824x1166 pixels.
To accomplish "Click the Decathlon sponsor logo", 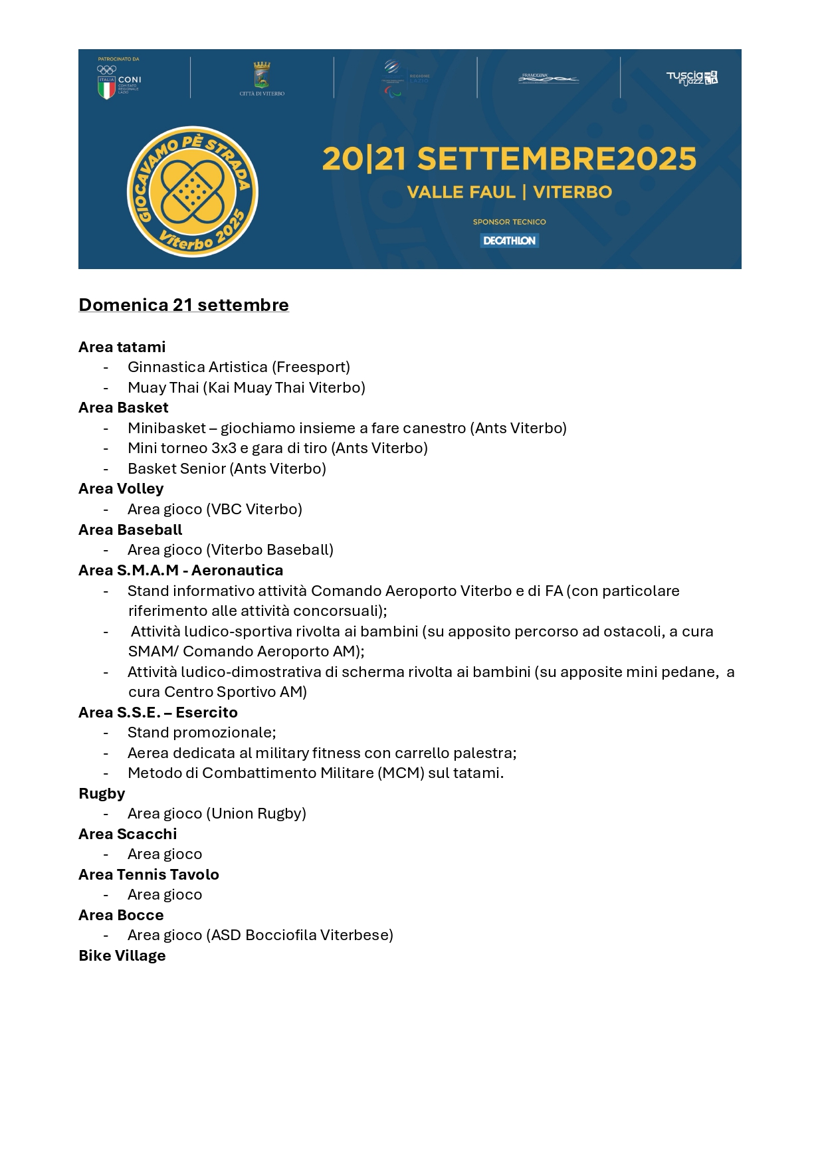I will [x=509, y=241].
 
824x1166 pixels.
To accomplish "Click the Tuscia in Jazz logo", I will [x=692, y=78].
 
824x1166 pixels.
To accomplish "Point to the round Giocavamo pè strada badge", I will [x=193, y=192].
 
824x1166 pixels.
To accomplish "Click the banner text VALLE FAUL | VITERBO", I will [x=509, y=192].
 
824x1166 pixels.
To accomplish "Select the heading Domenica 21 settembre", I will [x=183, y=305].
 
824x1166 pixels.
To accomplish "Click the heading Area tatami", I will [x=122, y=347].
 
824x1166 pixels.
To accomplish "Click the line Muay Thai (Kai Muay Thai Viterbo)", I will [x=247, y=387].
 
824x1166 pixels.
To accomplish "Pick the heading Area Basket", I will [x=124, y=408].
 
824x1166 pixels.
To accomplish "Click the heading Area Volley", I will [x=121, y=489].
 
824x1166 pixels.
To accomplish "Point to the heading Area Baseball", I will [x=130, y=530].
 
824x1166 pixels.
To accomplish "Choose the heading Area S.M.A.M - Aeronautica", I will [x=181, y=570].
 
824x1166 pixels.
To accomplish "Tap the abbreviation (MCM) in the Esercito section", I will [x=401, y=773].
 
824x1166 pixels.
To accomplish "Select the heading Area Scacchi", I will [x=128, y=834].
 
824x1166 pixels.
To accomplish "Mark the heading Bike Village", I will [x=122, y=955].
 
